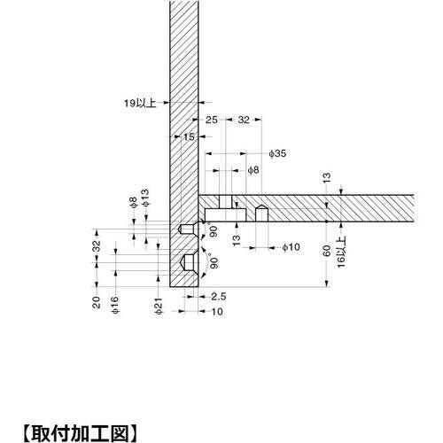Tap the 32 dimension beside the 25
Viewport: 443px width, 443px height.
coord(245,118)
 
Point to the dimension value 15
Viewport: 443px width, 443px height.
coord(189,136)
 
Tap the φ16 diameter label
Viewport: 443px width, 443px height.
coord(115,307)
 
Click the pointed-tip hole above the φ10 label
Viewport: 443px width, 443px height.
coord(261,214)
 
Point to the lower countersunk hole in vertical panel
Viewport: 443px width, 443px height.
coord(188,262)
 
